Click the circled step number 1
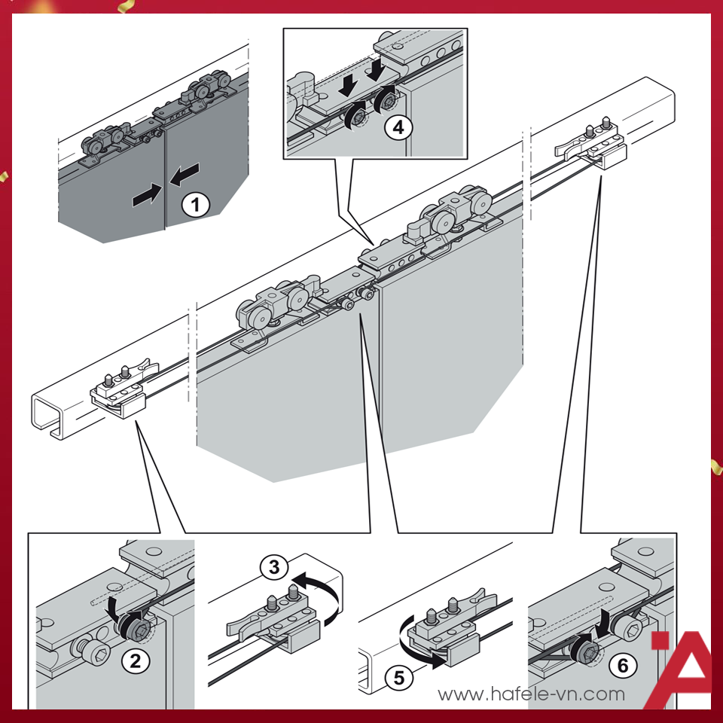coord(196,204)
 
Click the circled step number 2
coord(134,661)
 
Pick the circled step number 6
coord(622,666)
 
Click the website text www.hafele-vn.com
coord(531,694)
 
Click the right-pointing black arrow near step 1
coord(146,197)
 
